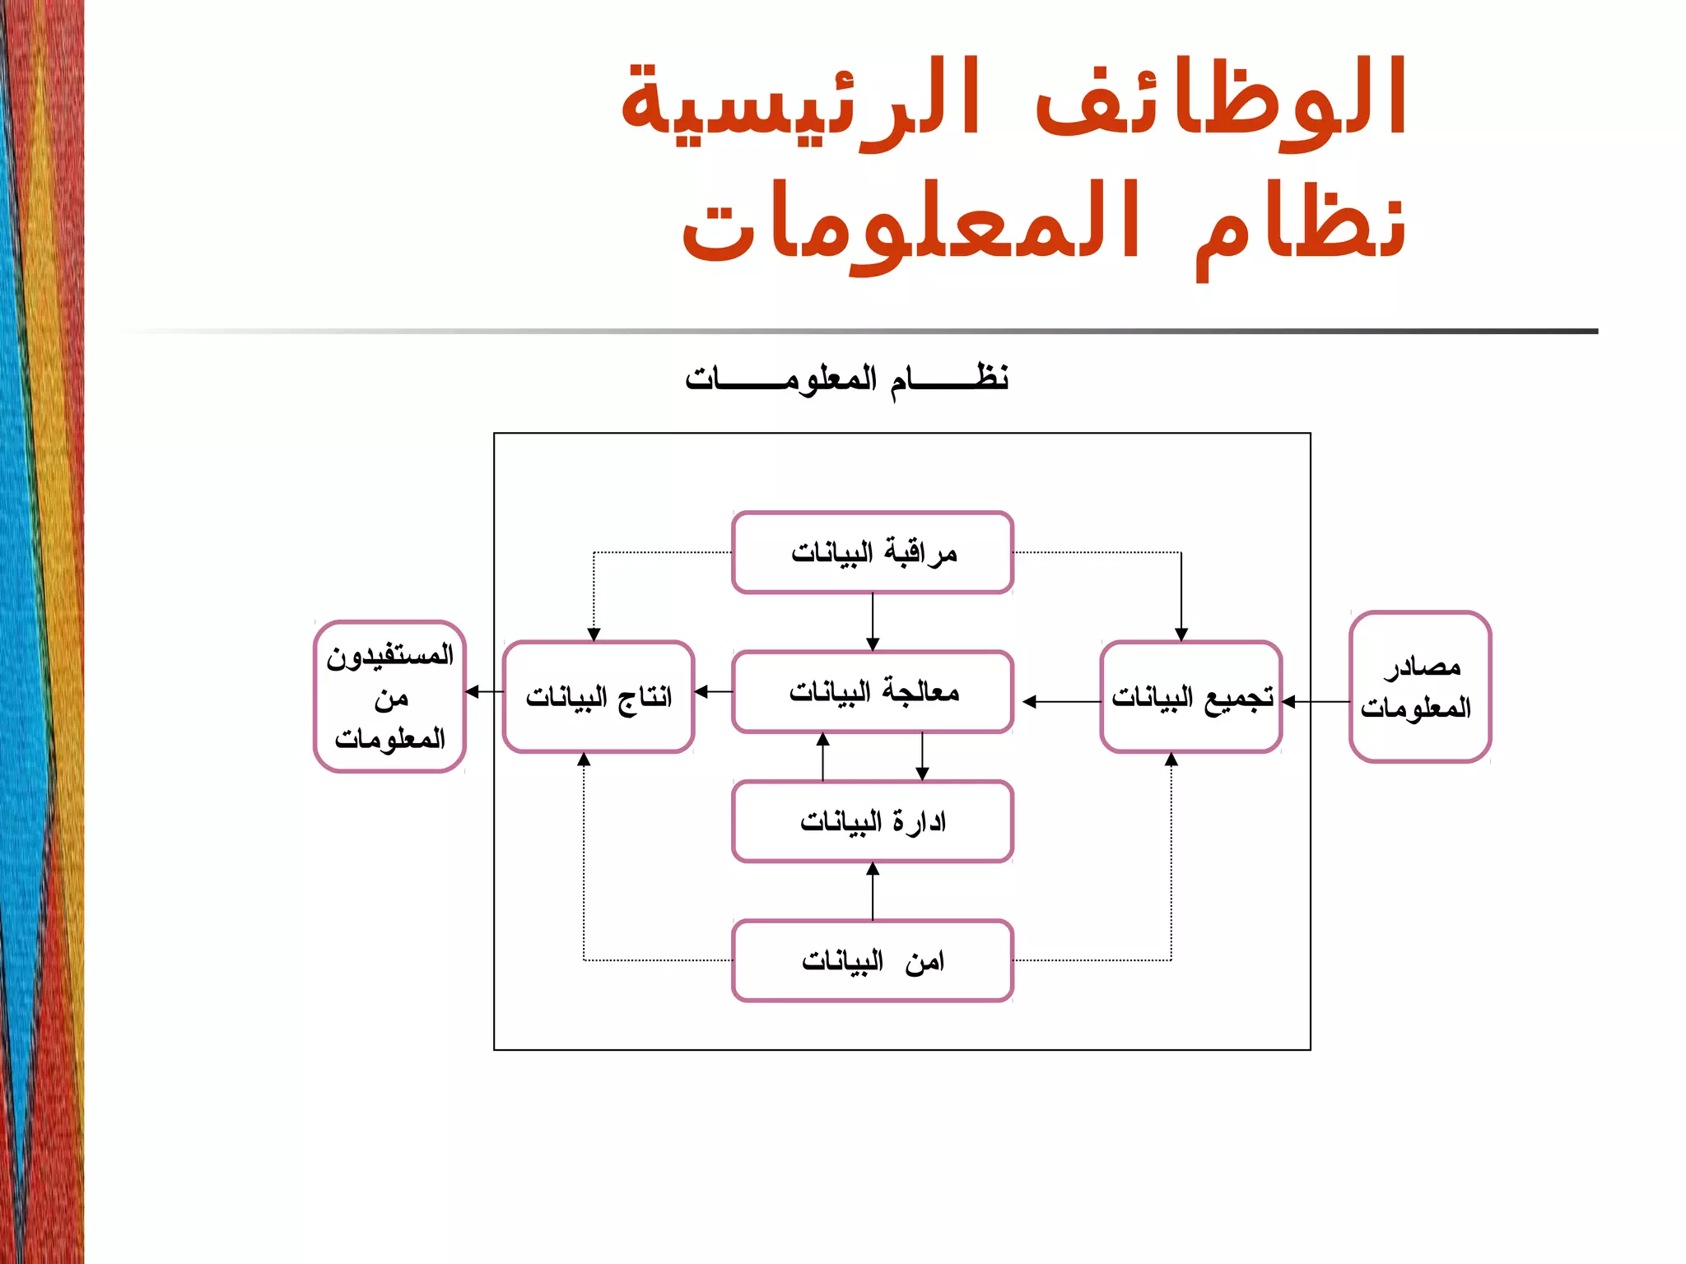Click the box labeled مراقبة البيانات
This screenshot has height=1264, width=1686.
pos(873,552)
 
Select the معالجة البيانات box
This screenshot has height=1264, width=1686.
pos(873,692)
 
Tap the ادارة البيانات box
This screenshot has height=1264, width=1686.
pos(873,821)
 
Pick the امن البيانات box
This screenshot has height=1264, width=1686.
pos(873,960)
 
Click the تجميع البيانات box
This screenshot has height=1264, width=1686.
pos(1191,697)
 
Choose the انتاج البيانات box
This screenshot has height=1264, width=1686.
pos(598,697)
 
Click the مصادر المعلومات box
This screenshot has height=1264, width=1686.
pos(1420,686)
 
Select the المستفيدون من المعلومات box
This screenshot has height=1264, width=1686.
pos(390,696)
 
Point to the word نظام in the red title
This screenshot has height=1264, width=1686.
pos(1301,226)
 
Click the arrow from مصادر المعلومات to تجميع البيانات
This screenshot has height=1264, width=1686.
pos(1316,702)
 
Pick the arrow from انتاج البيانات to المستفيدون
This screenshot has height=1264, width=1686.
pos(485,692)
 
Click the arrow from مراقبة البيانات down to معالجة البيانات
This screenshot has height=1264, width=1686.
pos(873,622)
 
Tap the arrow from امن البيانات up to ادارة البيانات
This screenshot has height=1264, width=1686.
pos(873,891)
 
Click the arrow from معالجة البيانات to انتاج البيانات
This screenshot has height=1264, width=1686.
pos(714,692)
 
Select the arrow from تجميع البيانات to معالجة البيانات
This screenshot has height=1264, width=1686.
pos(1061,702)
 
